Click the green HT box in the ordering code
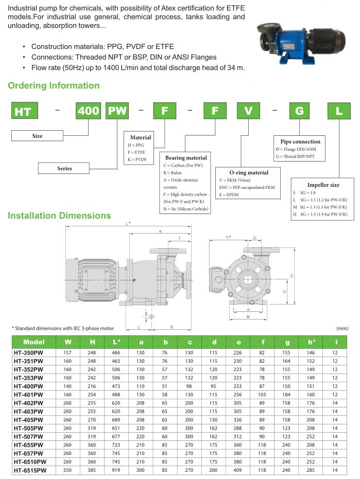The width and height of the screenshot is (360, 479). coord(23,112)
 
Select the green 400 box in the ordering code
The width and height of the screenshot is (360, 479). coord(89,112)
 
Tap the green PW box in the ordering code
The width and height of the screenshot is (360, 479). coord(117,112)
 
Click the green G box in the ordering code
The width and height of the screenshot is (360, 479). coord(299,112)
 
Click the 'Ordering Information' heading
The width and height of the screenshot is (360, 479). coord(54,86)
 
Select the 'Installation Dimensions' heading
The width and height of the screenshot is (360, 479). coord(59,215)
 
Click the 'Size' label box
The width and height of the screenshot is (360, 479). coord(37,136)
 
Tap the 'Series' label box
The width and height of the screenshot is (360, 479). coord(65,168)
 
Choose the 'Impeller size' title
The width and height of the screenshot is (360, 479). coord(323,185)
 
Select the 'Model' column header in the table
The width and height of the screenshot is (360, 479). coord(34,342)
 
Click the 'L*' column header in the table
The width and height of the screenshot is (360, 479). coord(116,342)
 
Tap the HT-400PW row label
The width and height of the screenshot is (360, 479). coord(29,386)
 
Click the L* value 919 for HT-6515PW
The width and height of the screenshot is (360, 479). coord(116,470)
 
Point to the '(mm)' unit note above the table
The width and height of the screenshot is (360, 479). coord(342,328)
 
